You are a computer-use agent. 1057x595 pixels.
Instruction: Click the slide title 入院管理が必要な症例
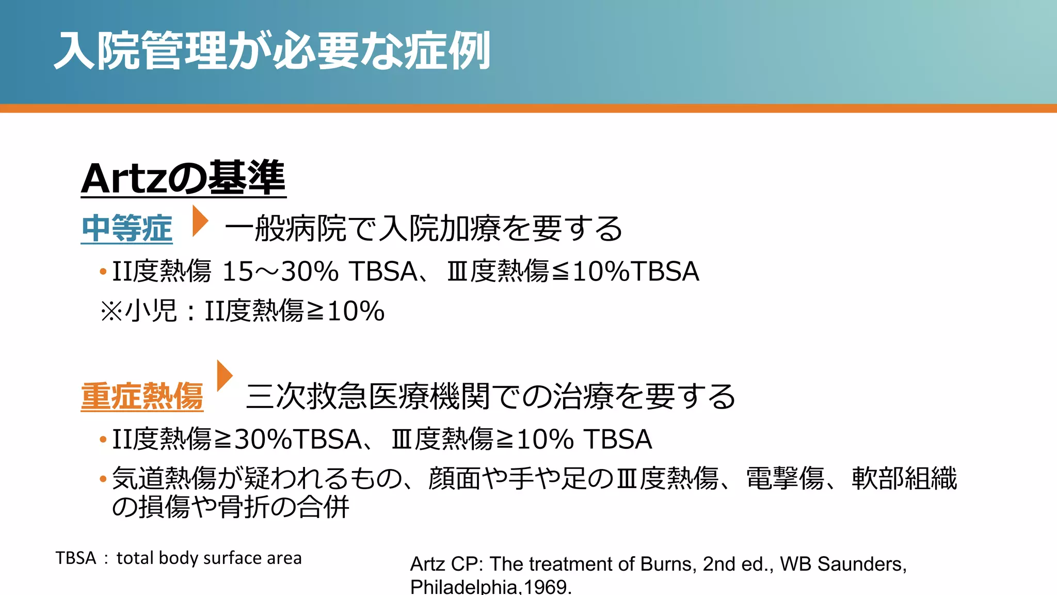point(272,51)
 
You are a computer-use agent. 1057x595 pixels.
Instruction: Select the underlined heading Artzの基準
point(183,178)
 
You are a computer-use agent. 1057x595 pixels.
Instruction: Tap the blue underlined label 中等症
point(127,228)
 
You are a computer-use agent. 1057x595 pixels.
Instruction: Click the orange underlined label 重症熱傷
point(142,396)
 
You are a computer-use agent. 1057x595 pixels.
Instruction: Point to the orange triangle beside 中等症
point(199,221)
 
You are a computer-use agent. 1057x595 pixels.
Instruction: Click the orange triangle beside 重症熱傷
point(224,375)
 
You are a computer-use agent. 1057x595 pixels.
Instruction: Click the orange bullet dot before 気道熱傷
point(103,479)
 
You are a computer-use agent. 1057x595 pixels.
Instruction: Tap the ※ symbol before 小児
point(111,311)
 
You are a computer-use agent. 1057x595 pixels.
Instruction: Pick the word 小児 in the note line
point(151,311)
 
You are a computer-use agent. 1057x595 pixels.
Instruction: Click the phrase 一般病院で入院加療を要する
point(423,228)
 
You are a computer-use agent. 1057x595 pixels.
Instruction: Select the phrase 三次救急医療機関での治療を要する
point(490,396)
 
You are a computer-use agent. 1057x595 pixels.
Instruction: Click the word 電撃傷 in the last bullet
point(785,478)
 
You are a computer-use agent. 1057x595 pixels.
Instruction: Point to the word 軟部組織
point(904,478)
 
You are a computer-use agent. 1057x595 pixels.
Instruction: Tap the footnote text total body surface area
point(209,558)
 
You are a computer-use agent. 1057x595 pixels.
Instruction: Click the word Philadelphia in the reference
point(464,587)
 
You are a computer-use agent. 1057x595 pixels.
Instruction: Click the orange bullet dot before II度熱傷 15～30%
point(103,272)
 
